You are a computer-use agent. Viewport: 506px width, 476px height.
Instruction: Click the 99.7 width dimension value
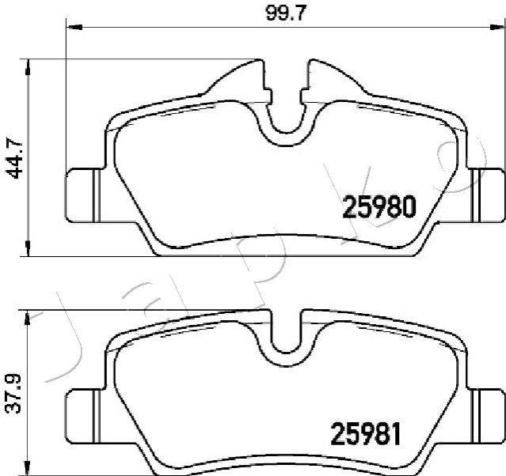(x=285, y=14)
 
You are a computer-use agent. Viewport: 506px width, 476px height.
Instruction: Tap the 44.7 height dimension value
(x=15, y=159)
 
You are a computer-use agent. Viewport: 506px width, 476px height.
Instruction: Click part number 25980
(x=379, y=206)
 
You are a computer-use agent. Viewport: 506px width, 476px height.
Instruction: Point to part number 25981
(x=366, y=434)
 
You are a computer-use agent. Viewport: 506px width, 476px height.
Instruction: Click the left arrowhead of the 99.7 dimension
(x=74, y=28)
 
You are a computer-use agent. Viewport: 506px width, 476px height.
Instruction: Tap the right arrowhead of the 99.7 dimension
(x=496, y=28)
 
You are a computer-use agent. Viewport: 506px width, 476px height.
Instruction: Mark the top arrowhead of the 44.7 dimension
(x=29, y=67)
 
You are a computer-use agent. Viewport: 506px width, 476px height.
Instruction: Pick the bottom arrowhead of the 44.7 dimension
(x=29, y=248)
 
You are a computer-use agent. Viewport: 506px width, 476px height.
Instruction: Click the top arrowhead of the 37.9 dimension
(x=29, y=319)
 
